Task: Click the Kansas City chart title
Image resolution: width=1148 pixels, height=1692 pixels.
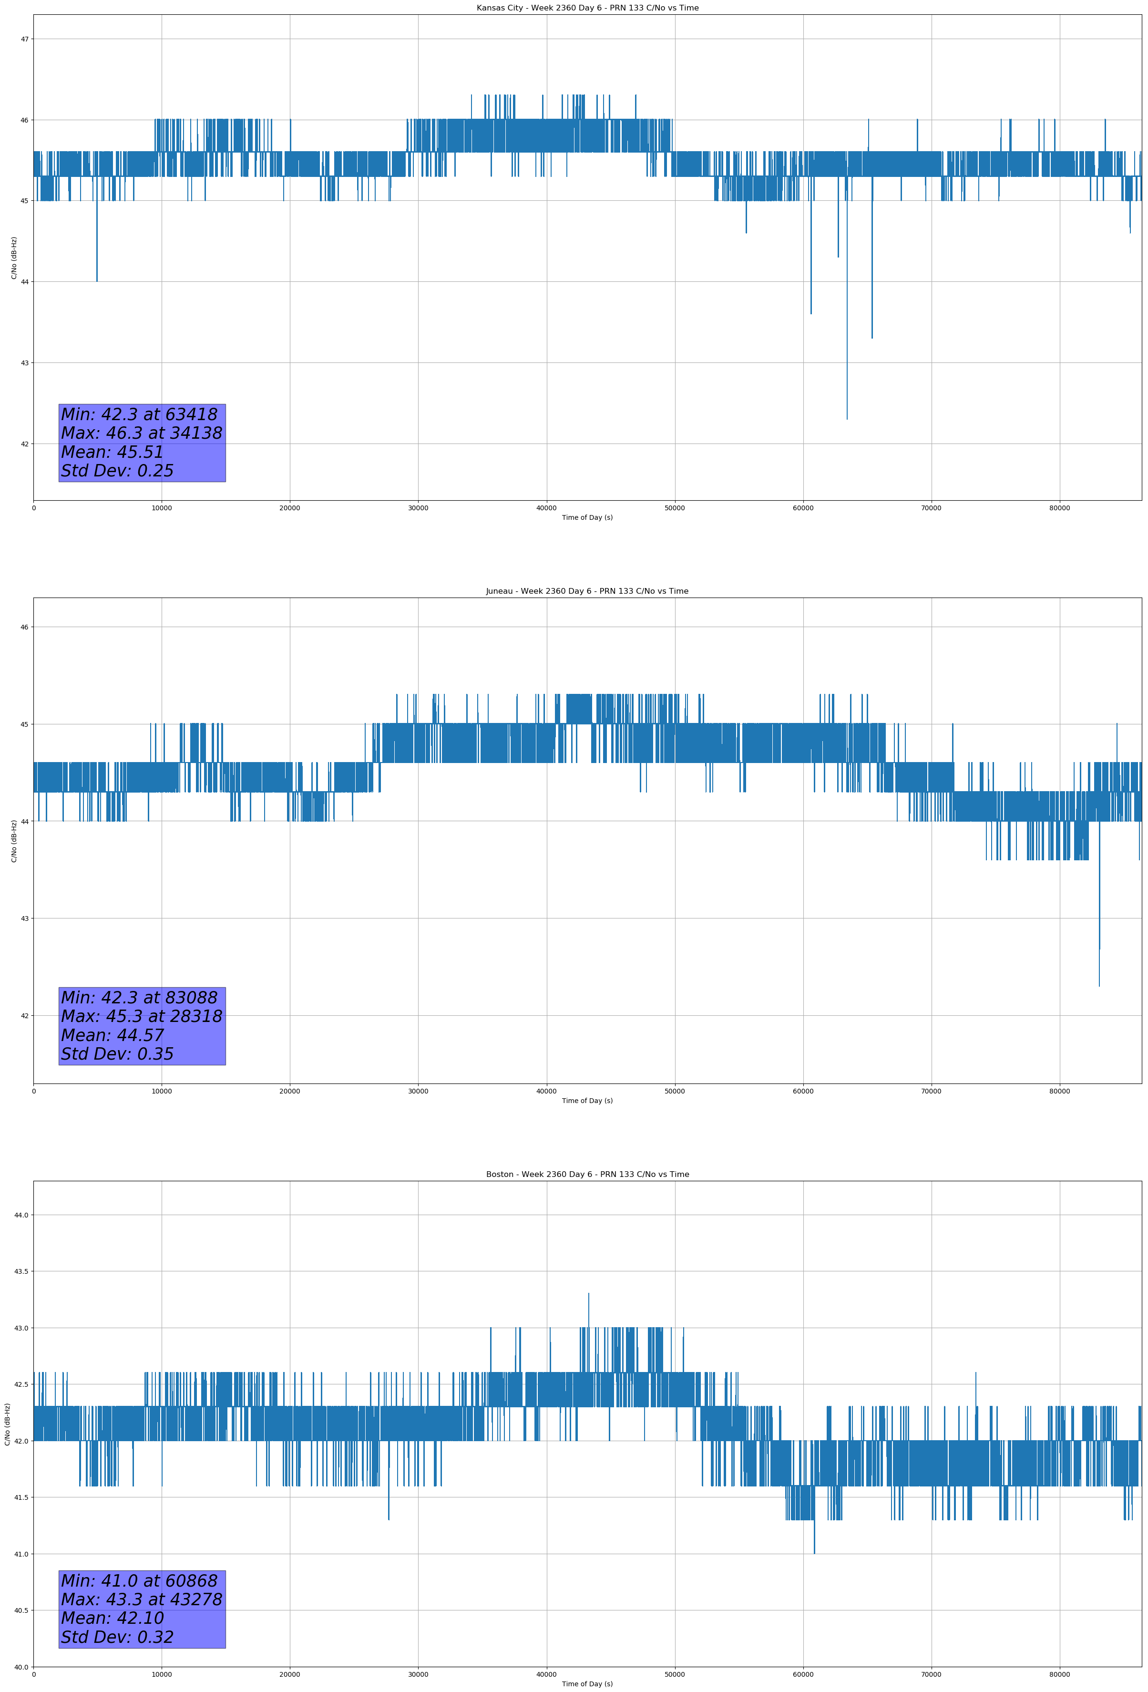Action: click(587, 8)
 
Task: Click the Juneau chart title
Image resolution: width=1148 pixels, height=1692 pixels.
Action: click(587, 591)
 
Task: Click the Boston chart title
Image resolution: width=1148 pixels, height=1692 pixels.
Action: click(587, 1175)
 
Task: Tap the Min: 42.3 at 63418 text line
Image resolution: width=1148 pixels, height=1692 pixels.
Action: click(139, 414)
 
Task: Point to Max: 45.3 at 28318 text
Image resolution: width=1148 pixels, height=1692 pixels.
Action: click(141, 1016)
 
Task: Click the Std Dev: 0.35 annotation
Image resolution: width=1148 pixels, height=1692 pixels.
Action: click(117, 1054)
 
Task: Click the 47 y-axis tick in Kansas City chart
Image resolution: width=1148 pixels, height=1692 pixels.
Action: click(24, 39)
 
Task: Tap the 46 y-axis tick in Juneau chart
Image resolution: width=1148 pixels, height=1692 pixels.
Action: click(24, 627)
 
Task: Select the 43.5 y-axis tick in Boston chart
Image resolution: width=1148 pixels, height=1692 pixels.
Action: click(20, 1271)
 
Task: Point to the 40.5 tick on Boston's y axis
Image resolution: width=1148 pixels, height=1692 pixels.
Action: click(20, 1610)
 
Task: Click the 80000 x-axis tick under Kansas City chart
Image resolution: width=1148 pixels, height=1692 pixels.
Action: click(1059, 508)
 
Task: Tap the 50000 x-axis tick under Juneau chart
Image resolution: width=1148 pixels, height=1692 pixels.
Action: click(675, 1091)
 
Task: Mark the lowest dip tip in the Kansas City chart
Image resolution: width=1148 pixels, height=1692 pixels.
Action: click(847, 419)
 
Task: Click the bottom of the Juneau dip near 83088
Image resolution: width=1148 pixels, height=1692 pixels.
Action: click(1099, 986)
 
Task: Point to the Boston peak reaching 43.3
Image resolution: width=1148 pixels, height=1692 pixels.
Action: click(588, 1294)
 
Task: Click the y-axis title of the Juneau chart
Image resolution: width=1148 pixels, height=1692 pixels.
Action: click(14, 841)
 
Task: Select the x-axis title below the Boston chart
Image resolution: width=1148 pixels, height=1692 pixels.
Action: click(587, 1684)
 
